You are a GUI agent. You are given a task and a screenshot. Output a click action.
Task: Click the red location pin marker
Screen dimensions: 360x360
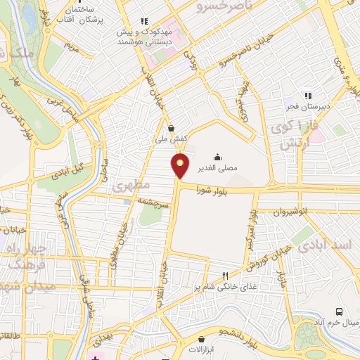click(x=181, y=165)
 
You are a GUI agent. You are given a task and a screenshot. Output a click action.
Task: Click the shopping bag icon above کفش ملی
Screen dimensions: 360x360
click(x=172, y=128)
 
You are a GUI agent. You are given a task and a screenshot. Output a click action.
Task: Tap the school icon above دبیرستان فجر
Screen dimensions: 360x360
click(x=307, y=96)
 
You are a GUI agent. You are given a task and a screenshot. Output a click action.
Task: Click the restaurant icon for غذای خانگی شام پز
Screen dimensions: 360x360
click(x=225, y=276)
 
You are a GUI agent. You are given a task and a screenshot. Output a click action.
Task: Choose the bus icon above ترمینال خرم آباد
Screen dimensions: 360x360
click(x=340, y=311)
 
